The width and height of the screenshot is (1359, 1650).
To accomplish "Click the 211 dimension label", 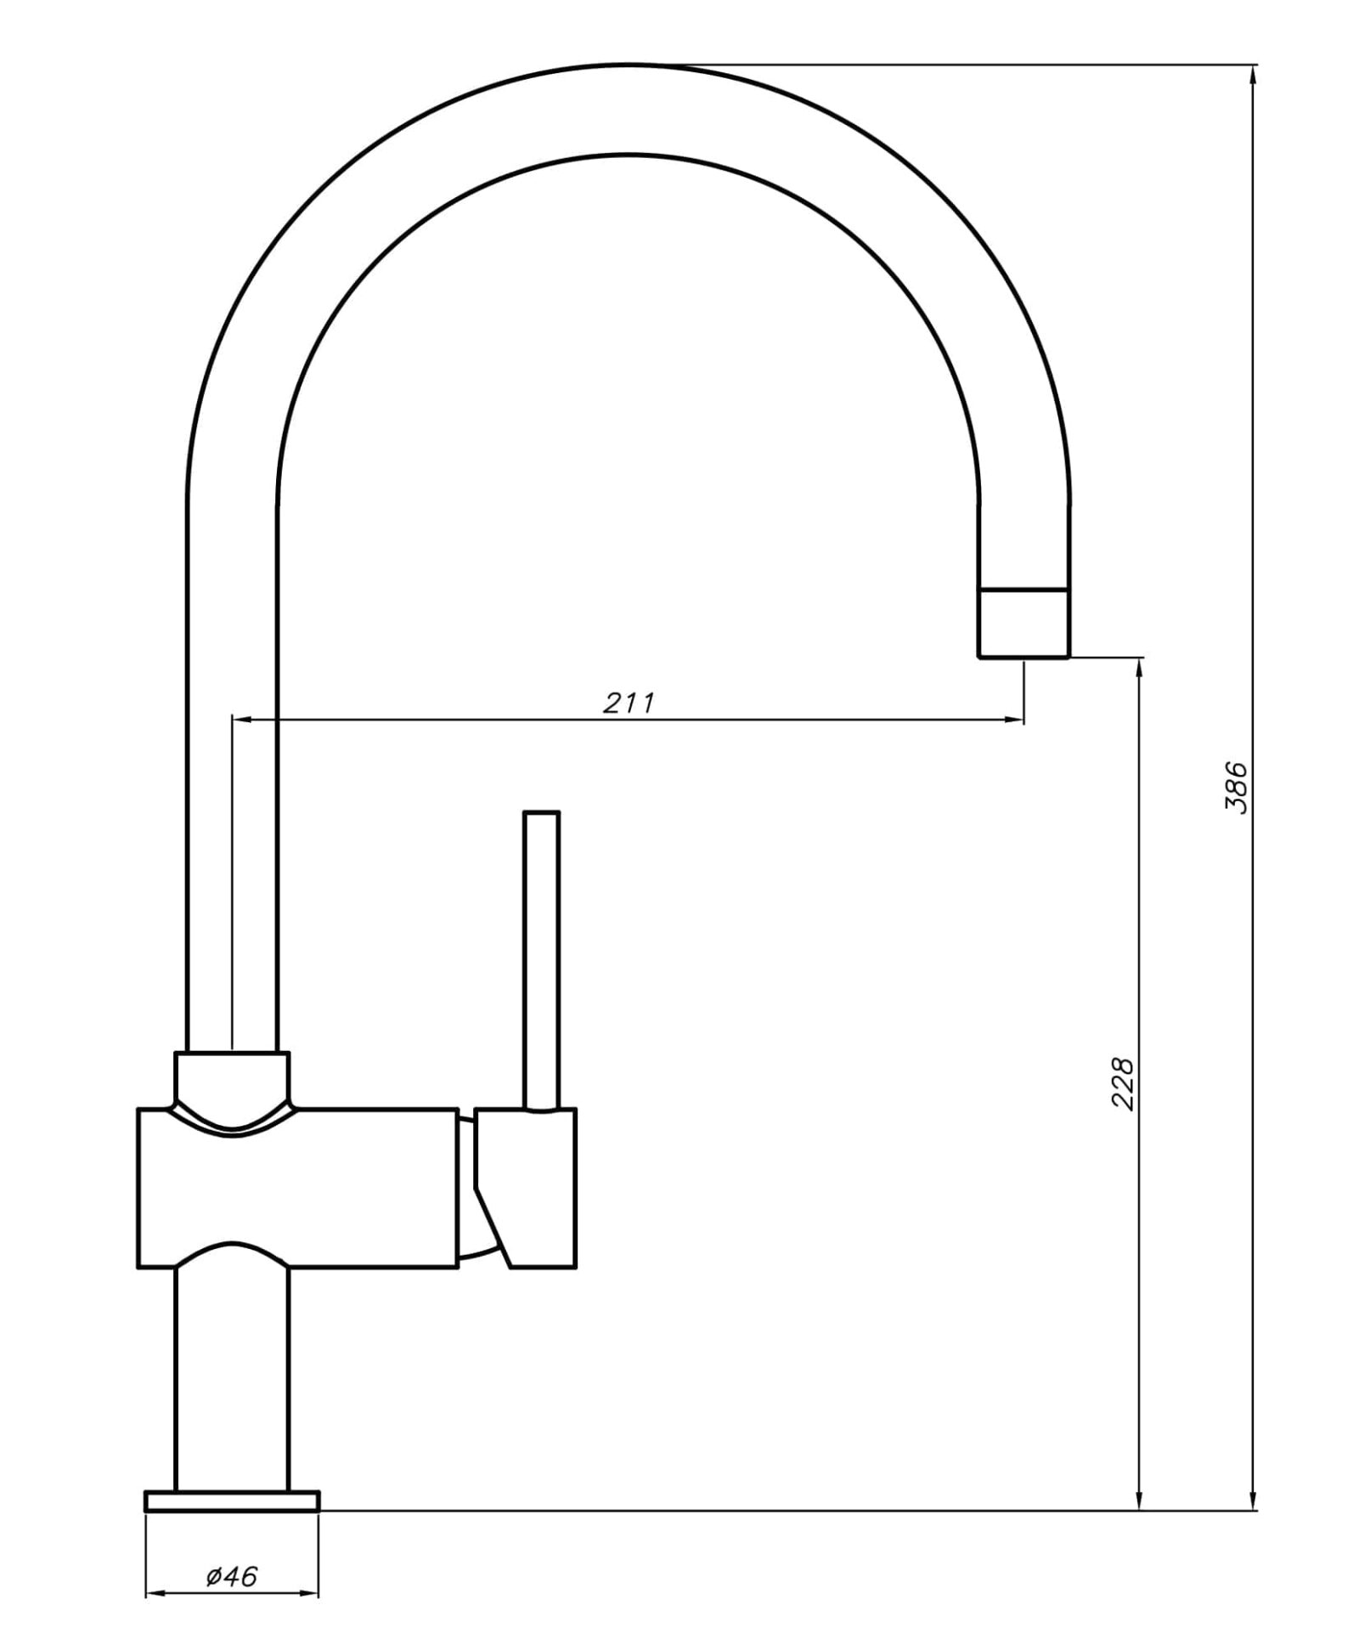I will tap(629, 703).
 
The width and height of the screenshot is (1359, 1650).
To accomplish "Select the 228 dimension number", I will tap(1123, 1083).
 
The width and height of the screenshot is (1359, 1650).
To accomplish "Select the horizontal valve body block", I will tap(297, 1189).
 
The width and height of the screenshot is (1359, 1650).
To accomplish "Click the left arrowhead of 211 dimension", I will tap(241, 720).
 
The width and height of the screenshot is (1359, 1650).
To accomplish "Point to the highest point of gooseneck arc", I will tap(629, 64).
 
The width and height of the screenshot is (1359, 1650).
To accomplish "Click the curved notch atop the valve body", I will tap(232, 1122).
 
